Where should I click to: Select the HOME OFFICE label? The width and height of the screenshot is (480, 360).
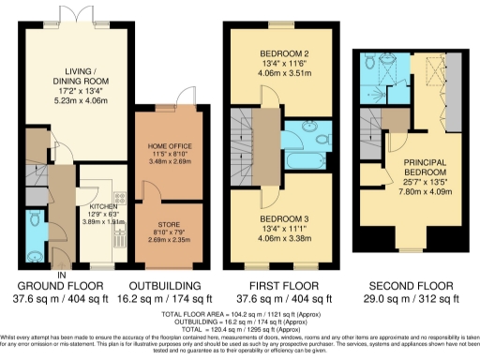[170, 145]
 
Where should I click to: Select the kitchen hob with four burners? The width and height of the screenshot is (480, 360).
[120, 198]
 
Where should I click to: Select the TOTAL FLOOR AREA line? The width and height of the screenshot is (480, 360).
[240, 312]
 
